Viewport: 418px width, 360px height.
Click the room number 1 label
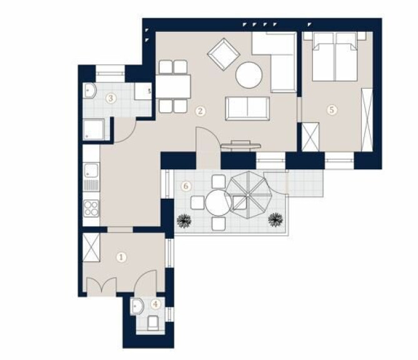(x=121, y=257)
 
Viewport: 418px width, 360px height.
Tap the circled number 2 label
(x=200, y=111)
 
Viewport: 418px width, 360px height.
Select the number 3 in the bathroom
(x=111, y=98)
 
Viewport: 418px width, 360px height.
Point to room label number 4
(x=156, y=304)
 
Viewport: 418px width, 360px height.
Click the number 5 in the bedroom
(x=332, y=110)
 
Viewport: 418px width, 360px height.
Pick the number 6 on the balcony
(x=186, y=186)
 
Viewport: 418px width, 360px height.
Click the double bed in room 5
(x=335, y=56)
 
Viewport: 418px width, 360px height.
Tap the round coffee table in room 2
(x=249, y=75)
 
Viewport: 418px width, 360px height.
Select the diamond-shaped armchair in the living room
(x=224, y=54)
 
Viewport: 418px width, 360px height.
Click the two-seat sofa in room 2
(x=247, y=108)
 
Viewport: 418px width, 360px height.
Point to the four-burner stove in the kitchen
(x=91, y=208)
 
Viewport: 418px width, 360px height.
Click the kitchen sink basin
(x=91, y=171)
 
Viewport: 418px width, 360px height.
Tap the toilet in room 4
(x=153, y=322)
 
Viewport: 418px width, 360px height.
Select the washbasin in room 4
(x=137, y=306)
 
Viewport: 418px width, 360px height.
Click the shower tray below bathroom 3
(x=94, y=129)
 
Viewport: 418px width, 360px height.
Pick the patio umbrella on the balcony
(x=247, y=196)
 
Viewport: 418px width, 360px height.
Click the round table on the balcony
(x=219, y=202)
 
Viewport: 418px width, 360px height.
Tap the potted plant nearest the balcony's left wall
(x=184, y=221)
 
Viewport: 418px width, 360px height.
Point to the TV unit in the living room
(x=241, y=145)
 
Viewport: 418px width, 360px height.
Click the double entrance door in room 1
(x=102, y=286)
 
